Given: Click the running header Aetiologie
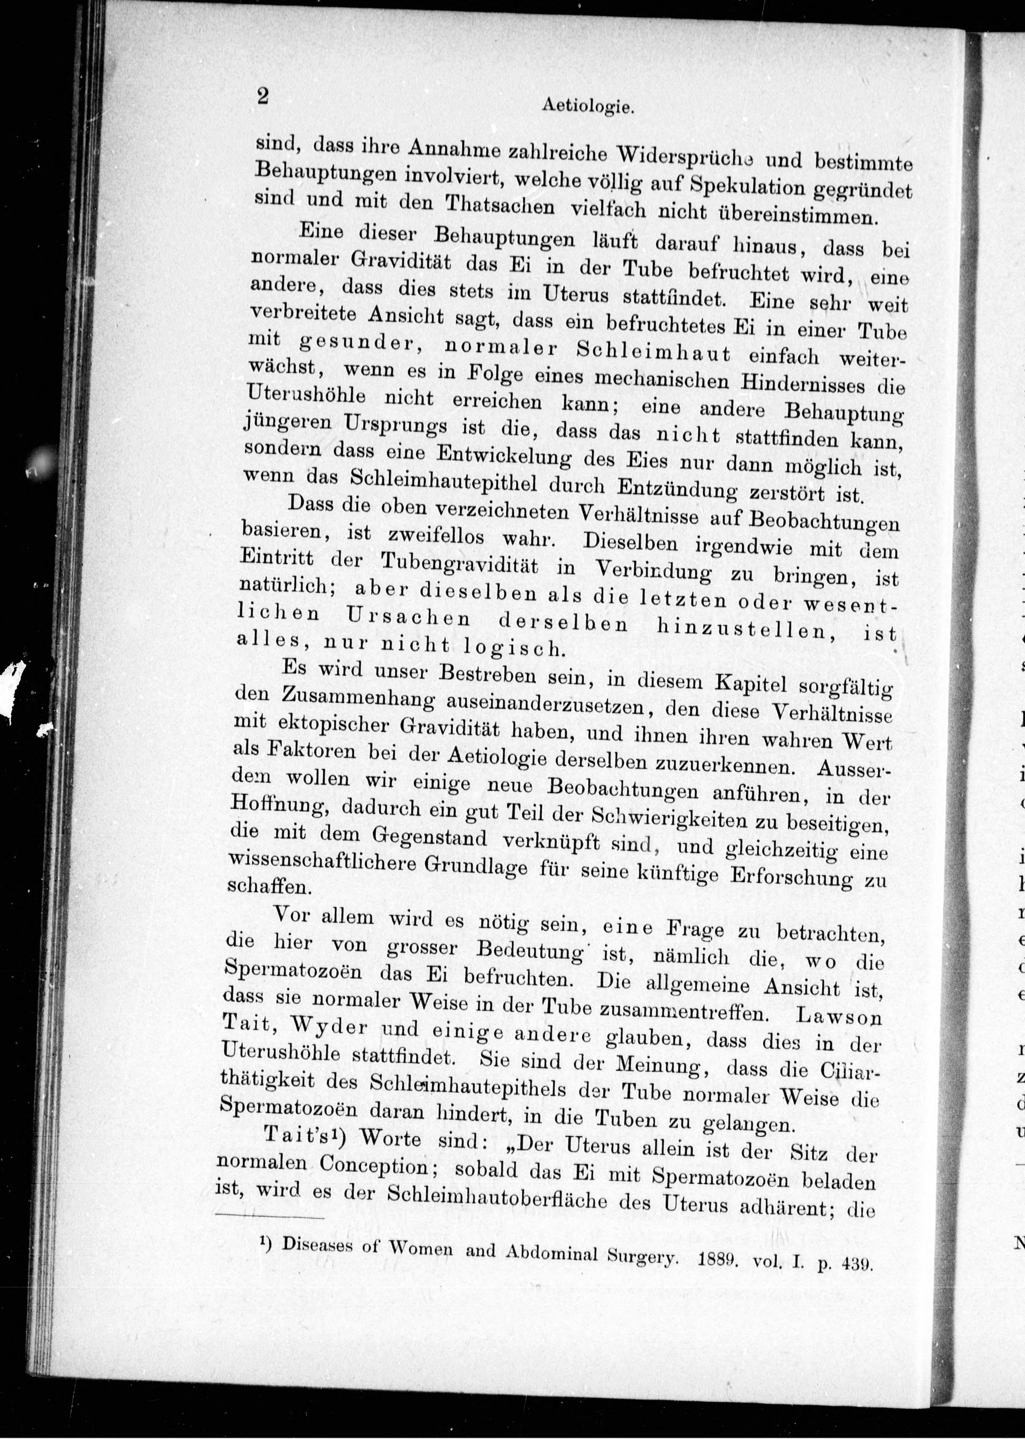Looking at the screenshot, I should (587, 107).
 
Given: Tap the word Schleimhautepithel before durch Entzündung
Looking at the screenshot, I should (445, 482).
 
